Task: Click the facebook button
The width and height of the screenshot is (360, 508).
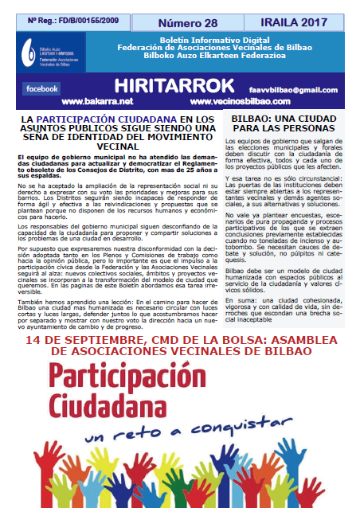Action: point(42,88)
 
